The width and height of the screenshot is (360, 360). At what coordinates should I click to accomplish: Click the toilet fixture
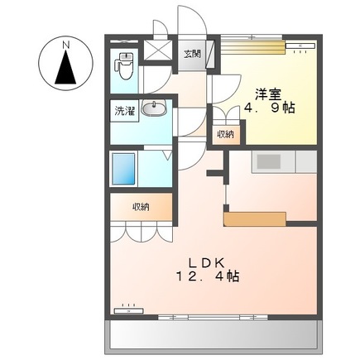(124, 67)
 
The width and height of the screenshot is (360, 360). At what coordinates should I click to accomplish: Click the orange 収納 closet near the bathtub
(139, 207)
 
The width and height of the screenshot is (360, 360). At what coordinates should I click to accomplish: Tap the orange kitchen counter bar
(255, 218)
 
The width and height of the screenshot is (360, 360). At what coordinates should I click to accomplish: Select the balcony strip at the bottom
(213, 335)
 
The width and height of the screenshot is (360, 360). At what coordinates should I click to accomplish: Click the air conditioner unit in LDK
(128, 310)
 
